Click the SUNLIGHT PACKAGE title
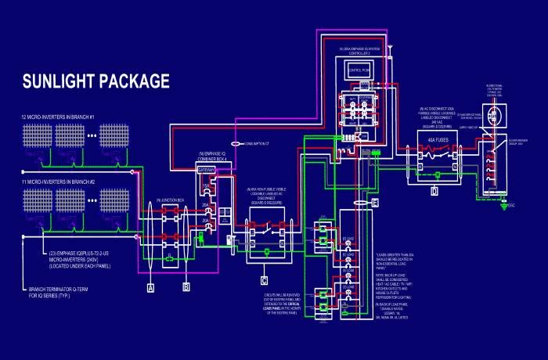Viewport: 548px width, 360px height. point(96,81)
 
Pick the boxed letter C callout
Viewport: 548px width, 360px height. point(265,279)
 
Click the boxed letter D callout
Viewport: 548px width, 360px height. point(434,190)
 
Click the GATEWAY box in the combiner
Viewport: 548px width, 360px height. point(207,170)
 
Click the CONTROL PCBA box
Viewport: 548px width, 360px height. point(358,70)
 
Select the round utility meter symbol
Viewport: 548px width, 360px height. point(499,117)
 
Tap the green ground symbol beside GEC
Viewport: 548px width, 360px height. point(503,205)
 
